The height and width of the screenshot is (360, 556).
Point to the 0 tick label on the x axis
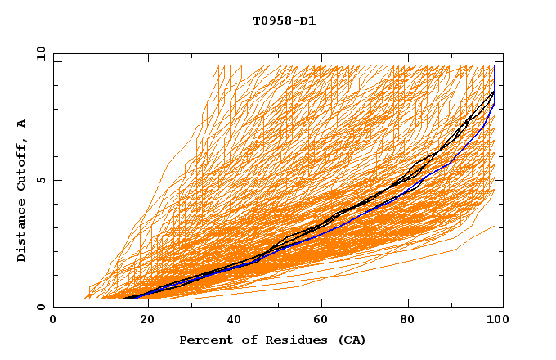pos(53,320)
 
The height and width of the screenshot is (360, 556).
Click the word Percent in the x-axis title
pos(204,340)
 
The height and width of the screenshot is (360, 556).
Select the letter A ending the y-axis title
pos(22,123)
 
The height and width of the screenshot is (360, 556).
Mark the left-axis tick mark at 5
pos(56,180)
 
